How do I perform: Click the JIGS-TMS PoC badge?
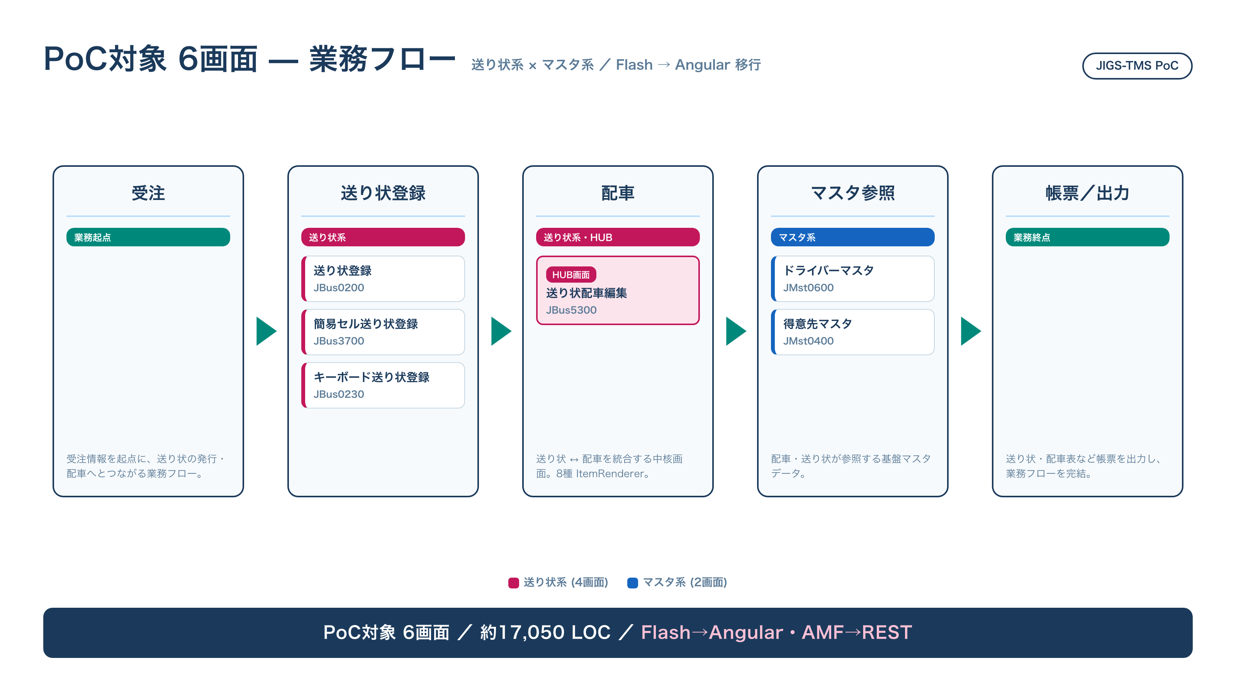click(x=1137, y=66)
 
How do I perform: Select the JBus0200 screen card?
click(x=383, y=279)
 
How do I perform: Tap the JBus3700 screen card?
click(x=383, y=332)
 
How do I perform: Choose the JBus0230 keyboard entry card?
click(x=383, y=385)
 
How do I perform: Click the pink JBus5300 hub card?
click(x=618, y=290)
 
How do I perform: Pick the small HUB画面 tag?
click(x=571, y=275)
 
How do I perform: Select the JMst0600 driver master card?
click(x=852, y=279)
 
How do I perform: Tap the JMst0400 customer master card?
click(x=852, y=332)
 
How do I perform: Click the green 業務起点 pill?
click(x=148, y=237)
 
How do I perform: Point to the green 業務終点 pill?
click(x=1087, y=237)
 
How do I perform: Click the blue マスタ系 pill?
click(x=852, y=237)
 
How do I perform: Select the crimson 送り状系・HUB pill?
click(x=618, y=237)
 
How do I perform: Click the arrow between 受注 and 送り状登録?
click(x=266, y=331)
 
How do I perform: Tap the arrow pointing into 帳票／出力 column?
click(x=971, y=331)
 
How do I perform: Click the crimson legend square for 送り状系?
click(x=513, y=583)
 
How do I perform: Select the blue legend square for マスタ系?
click(x=632, y=583)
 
